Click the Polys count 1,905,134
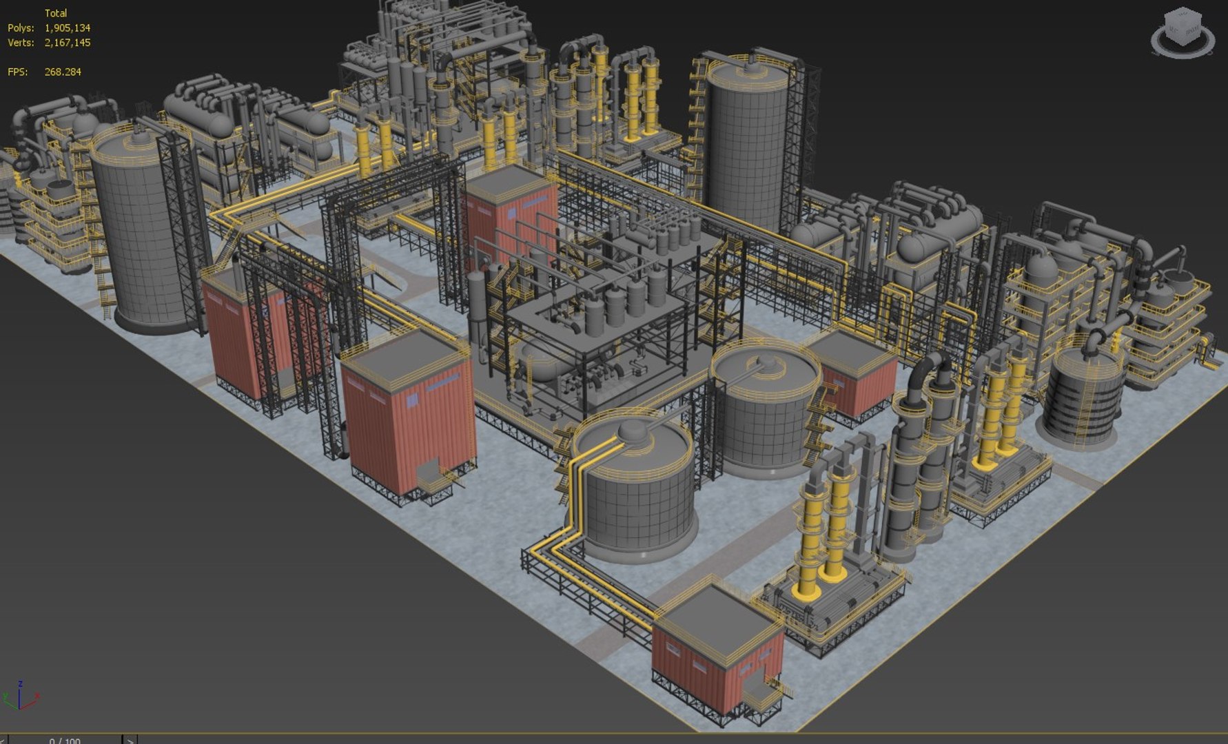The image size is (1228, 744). (67, 28)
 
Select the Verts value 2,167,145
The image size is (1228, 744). (67, 43)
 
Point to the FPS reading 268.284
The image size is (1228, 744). (63, 72)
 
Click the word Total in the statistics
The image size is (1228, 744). (56, 13)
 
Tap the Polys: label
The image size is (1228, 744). (21, 28)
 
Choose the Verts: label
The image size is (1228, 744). (21, 43)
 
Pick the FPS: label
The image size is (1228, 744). (18, 72)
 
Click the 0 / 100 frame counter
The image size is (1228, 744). (65, 741)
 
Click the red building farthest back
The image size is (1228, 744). (510, 207)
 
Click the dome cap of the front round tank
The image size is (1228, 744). (633, 431)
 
